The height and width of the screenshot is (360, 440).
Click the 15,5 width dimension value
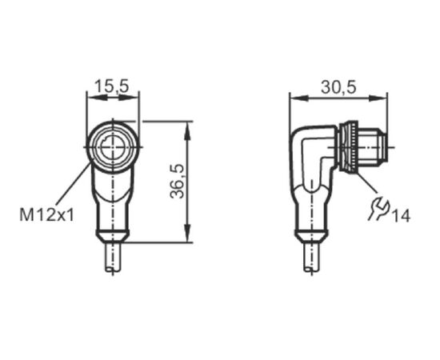(x=111, y=86)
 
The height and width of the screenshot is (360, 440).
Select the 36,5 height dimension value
(x=178, y=182)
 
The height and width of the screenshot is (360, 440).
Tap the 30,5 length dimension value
(x=338, y=87)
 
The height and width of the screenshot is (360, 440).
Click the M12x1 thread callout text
(x=47, y=214)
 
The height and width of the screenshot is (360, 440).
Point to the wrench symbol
(x=378, y=209)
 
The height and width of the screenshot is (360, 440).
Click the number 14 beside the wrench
(x=401, y=216)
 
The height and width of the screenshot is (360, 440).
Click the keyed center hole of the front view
(x=112, y=148)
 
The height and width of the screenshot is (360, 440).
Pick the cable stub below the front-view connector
(x=113, y=257)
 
